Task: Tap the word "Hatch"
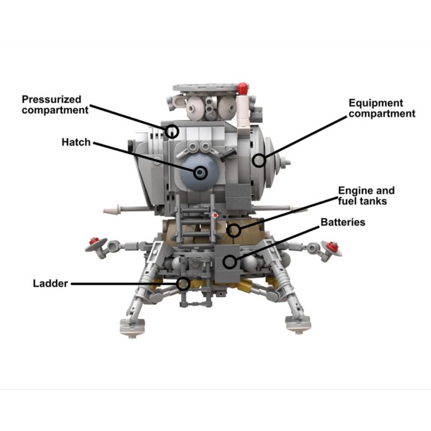coord(75,143)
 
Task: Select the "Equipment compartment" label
coord(381,108)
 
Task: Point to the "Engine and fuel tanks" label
coord(366,196)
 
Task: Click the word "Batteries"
coord(343,222)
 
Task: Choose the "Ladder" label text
coord(50,283)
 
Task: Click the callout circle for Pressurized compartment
coord(172,131)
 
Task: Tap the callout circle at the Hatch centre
coord(200,172)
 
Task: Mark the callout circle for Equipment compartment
coord(260,160)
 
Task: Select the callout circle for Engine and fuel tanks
coord(233,231)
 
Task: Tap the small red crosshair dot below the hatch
coord(215,214)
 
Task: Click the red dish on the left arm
coord(95,244)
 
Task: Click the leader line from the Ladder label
coord(124,283)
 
